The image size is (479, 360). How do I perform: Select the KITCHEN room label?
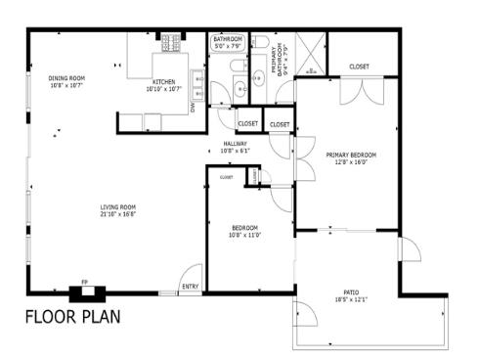163,81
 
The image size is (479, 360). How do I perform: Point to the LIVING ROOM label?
117,206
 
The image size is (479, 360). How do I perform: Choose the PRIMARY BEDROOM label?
351,155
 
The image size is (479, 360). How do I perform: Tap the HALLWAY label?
235,143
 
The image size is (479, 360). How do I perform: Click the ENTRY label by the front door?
191,287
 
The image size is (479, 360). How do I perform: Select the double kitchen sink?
197,93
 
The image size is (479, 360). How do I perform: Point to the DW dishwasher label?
194,109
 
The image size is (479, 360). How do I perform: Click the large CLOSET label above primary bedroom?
359,67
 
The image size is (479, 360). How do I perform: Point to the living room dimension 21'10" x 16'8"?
117,213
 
